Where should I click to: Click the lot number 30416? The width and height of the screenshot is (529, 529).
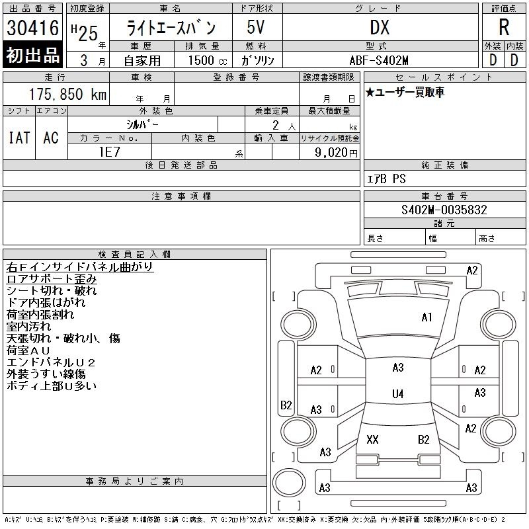point(32,28)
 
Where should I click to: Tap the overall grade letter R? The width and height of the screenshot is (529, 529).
point(504,27)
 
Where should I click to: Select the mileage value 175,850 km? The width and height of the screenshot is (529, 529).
point(67,94)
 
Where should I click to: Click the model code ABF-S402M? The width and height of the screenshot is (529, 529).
point(379,60)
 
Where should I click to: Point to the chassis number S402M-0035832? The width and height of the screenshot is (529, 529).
point(444,210)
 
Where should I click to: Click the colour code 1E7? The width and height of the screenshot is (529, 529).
point(109,152)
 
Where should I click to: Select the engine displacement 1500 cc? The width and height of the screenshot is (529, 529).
point(208,60)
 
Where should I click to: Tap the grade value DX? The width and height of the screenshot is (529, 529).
point(380,27)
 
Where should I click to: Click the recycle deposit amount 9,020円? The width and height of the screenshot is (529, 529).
point(336,152)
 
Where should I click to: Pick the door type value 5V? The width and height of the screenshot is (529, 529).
point(255,27)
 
